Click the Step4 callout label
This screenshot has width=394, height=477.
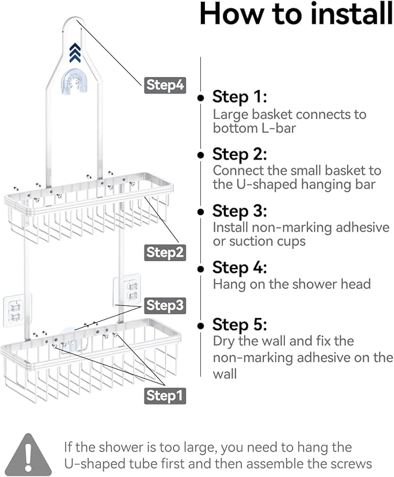165,85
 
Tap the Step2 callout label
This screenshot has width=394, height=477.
165,252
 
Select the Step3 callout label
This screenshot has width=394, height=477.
165,305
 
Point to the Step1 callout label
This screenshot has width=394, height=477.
165,396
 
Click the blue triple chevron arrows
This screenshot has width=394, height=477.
75,53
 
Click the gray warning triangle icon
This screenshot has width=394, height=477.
28,455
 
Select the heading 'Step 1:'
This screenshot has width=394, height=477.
240,97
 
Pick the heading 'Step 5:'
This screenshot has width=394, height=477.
240,324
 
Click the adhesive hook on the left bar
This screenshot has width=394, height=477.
17,310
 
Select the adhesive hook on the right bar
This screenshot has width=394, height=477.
127,290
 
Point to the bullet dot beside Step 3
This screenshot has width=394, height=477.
201,212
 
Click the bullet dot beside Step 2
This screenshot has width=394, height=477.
201,155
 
